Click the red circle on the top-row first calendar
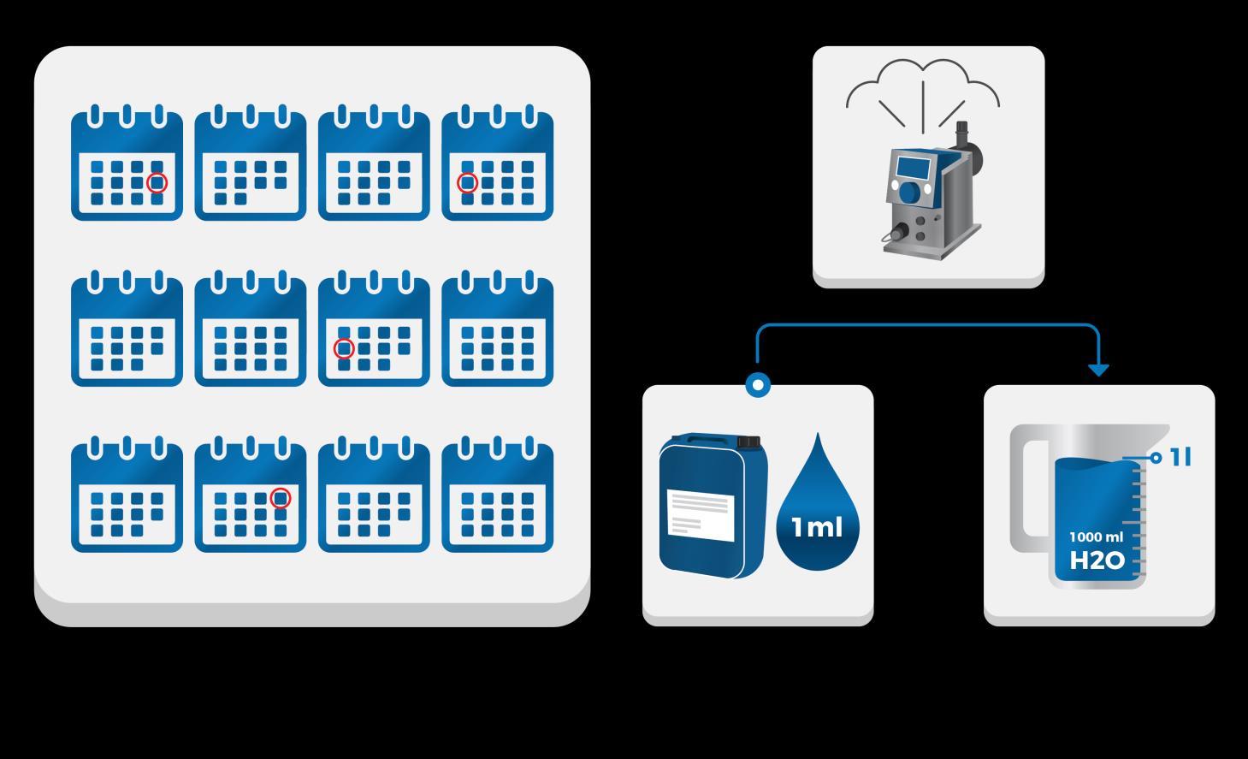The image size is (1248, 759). pos(157,182)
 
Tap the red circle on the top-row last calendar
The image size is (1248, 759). pos(467,182)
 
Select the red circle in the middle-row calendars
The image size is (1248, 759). pos(344,348)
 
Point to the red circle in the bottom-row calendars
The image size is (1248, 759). pos(281,498)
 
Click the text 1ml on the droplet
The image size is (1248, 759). pos(817,527)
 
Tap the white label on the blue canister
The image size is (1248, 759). pos(700,515)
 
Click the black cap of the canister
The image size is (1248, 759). pos(748,442)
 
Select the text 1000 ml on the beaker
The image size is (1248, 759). pos(1096,537)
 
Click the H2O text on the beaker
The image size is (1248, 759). pos(1097,560)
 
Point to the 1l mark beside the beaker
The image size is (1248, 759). pos(1180,458)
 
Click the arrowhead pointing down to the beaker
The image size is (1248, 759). pos(1098,370)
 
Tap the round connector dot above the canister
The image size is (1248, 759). pos(758,385)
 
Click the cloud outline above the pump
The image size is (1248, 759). pos(923,81)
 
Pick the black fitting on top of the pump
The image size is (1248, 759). pos(961,132)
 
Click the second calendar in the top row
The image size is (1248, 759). pos(250,163)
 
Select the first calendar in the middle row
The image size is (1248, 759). pos(127,329)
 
